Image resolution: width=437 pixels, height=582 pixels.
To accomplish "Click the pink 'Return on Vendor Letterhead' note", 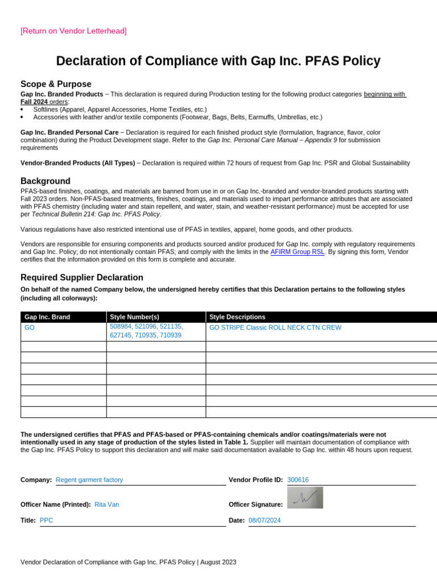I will [73, 31].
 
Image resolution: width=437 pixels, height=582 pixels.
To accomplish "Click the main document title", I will [218, 61].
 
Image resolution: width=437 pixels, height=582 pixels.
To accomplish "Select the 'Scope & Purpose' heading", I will [56, 84].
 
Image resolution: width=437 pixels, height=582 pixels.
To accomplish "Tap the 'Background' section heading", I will [46, 181].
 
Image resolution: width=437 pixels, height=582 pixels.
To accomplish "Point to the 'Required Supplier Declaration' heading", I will [82, 277].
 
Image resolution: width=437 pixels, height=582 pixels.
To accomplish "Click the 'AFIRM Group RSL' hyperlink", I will [297, 251].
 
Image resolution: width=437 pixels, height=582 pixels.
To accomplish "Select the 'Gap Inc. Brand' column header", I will [47, 317].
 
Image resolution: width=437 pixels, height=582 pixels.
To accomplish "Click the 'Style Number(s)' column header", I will [134, 317].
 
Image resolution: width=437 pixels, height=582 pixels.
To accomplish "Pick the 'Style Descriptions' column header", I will [237, 317].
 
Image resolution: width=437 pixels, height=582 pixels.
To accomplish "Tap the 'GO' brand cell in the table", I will [30, 328].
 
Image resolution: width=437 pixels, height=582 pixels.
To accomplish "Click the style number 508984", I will [121, 327].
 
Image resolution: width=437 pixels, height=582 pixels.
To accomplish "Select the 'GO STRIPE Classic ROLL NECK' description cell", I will [275, 328].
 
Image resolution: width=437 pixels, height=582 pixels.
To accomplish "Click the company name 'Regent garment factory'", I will [89, 480].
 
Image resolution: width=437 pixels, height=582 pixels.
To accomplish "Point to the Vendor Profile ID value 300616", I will [298, 480].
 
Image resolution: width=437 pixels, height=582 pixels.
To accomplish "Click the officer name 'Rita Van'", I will [106, 504].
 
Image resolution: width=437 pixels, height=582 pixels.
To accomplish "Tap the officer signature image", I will [305, 498].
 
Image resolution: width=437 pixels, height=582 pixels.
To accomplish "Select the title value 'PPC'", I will [47, 520].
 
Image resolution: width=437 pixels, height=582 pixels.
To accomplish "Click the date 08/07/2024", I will [265, 520].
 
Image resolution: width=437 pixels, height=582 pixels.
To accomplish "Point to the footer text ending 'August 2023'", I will [128, 562].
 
